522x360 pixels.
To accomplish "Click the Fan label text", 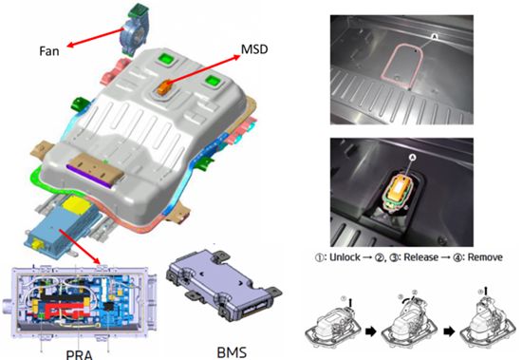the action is [49, 51].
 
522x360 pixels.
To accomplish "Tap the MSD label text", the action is [254, 49].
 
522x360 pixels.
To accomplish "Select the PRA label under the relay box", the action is [79, 354].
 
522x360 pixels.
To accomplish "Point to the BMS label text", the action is [232, 352].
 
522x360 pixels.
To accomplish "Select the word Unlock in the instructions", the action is [345, 257].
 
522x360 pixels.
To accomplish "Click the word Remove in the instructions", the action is [485, 257].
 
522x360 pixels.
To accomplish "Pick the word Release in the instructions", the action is [420, 257].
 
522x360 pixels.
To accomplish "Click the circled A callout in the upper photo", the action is [434, 37].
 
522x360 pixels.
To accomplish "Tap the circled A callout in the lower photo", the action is [413, 157].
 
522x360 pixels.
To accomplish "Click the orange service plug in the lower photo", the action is [401, 188].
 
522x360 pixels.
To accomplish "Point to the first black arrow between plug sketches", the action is [370, 332].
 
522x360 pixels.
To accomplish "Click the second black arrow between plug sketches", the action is [450, 332].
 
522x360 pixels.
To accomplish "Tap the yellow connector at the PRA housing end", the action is [36, 246].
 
